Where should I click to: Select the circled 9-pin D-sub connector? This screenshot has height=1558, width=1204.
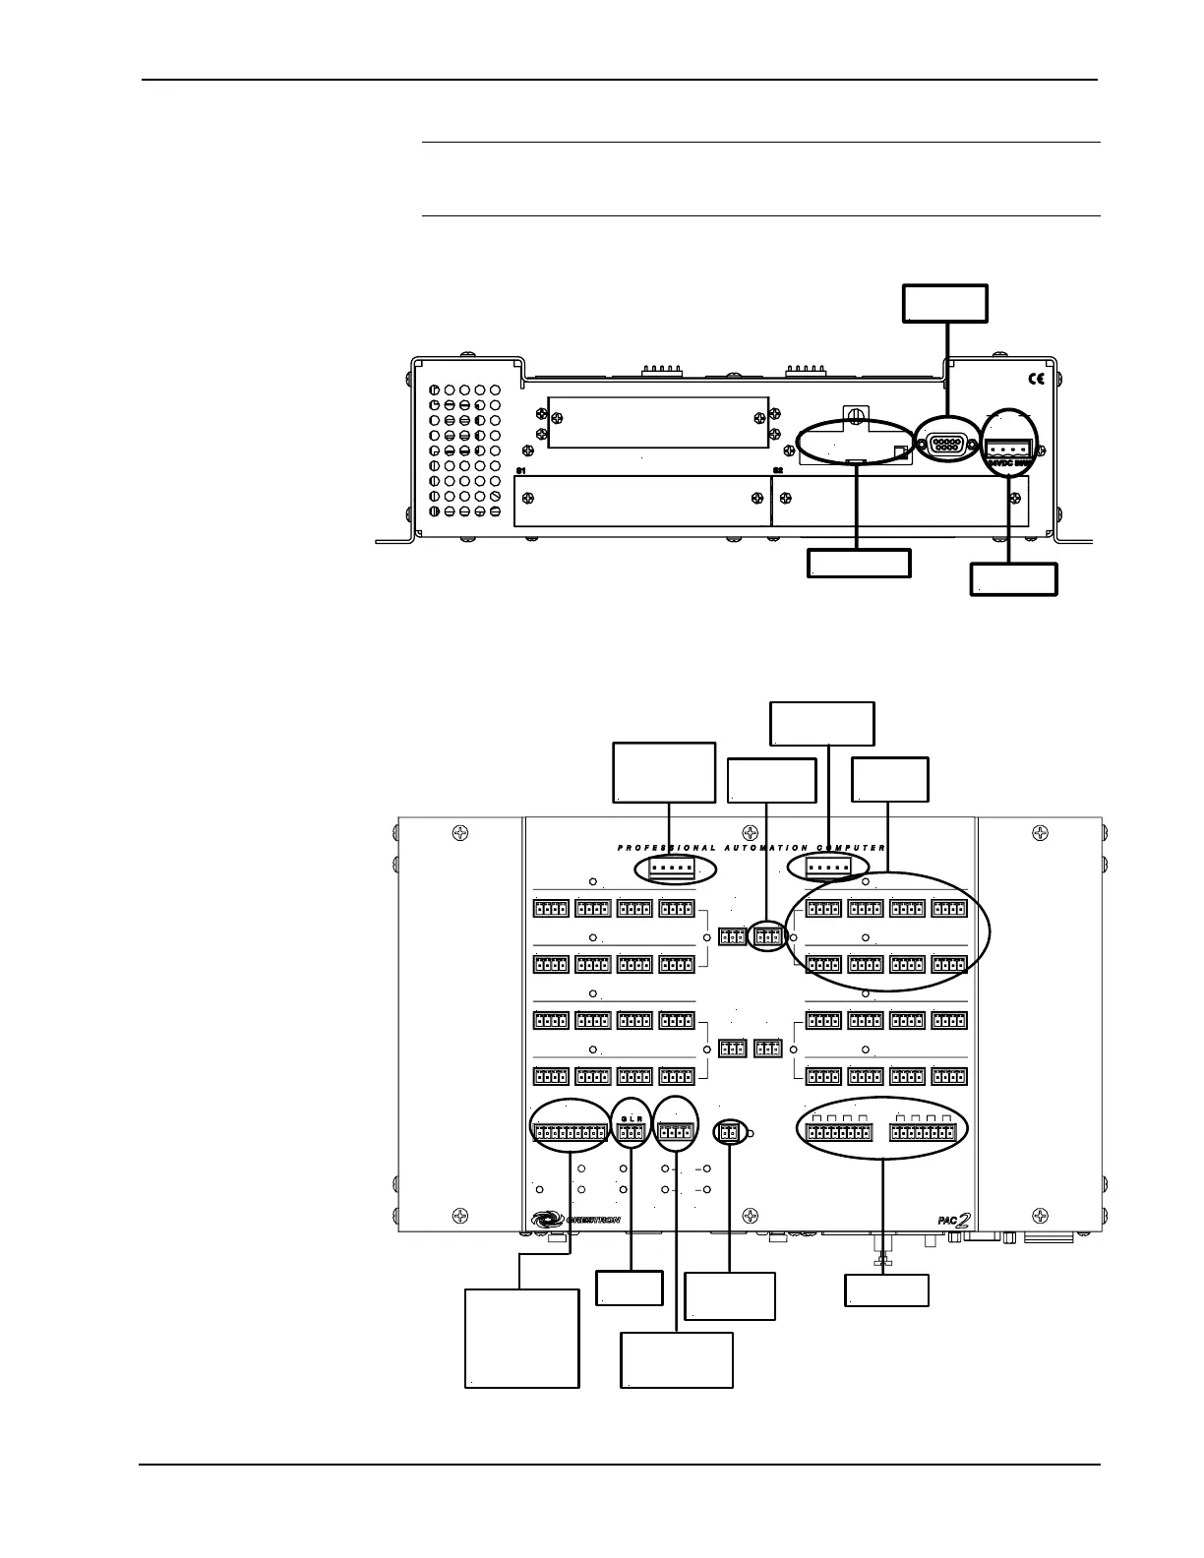(945, 445)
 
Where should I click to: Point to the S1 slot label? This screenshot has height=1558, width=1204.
(521, 471)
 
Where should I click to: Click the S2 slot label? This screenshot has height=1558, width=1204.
(777, 471)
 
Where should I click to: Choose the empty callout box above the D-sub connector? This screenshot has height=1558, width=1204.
(945, 303)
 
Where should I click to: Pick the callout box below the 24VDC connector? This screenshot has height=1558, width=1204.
(1013, 578)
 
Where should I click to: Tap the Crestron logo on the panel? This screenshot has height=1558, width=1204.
(576, 1219)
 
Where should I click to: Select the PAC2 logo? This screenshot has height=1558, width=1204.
(954, 1220)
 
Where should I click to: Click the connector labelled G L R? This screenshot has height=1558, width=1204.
(631, 1134)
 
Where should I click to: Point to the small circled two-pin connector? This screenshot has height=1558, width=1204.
(729, 1133)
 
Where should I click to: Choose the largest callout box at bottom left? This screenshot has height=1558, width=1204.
(521, 1338)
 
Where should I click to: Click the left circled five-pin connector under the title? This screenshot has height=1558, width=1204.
(674, 869)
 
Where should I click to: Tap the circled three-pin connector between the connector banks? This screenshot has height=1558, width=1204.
(768, 936)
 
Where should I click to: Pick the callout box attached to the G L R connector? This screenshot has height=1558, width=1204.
(630, 1288)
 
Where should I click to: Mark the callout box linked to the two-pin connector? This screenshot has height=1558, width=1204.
(729, 1296)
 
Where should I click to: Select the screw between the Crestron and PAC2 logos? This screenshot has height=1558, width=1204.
(750, 1216)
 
